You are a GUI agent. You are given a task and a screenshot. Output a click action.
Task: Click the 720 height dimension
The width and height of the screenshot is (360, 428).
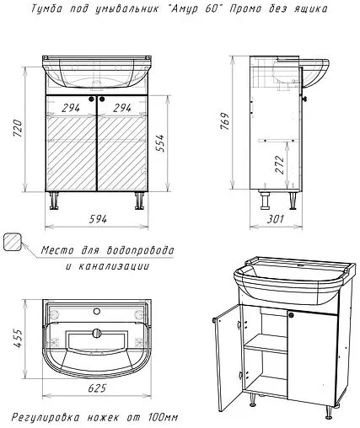tap(17, 128)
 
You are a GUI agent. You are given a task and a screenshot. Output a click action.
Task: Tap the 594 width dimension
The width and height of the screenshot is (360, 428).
tap(98, 219)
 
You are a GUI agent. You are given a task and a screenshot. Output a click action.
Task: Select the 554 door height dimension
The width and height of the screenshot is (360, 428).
tap(160, 143)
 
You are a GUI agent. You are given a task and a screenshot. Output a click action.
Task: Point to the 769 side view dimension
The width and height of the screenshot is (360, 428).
tap(225, 121)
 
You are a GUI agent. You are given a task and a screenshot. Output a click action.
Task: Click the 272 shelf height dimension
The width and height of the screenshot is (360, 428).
tap(280, 165)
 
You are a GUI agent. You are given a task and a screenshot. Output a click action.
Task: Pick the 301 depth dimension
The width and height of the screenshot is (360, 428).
tap(275, 219)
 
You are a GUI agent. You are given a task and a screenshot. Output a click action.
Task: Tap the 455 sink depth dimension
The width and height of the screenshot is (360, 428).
tap(18, 339)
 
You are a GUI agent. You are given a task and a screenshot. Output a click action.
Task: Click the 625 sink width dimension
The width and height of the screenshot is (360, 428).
tap(97, 388)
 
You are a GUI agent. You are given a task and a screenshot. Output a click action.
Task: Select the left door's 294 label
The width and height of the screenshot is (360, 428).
tap(71, 108)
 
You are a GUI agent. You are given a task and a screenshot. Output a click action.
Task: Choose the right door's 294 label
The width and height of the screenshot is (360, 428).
tap(122, 108)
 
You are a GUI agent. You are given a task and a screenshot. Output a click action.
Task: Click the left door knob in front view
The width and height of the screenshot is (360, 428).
tap(92, 99)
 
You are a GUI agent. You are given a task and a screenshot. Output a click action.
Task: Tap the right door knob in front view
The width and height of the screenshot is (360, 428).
tap(102, 99)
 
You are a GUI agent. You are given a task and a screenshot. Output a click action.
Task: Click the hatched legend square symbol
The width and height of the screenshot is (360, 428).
tap(13, 242)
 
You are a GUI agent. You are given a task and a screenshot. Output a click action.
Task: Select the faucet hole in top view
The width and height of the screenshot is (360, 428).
tap(97, 311)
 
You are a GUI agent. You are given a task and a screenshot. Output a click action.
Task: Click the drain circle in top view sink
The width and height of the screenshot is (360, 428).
tap(96, 333)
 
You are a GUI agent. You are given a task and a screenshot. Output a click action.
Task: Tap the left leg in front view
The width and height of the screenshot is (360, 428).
tap(54, 201)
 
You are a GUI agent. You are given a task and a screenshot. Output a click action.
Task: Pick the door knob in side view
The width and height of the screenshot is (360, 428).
tap(304, 99)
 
